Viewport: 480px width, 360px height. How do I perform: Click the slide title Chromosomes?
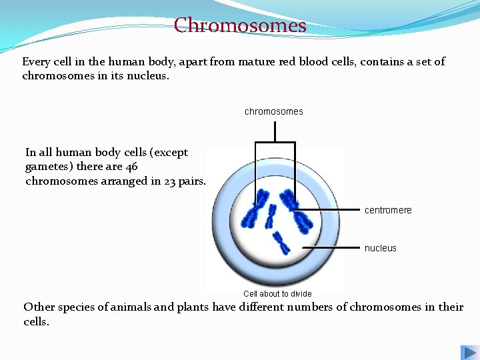point(240,25)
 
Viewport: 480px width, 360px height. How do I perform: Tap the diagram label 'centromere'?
point(388,210)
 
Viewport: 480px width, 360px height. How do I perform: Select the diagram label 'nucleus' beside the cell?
point(380,248)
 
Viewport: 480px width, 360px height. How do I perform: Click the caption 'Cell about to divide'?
point(277,293)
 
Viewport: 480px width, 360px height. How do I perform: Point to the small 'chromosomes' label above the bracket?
point(273,111)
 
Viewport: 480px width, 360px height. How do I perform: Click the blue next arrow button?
point(468,353)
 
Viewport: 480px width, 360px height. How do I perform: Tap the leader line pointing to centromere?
point(333,210)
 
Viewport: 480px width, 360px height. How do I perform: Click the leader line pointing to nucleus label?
point(333,247)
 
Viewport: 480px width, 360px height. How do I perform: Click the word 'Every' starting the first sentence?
point(36,61)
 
